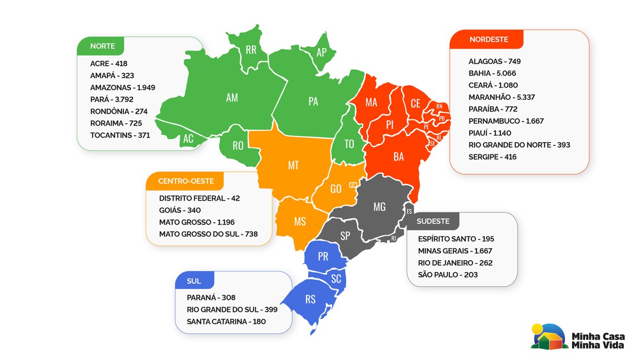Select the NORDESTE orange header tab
pyautogui.click(x=488, y=40)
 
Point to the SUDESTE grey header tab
pyautogui.click(x=433, y=221)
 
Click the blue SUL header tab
pyautogui.click(x=194, y=281)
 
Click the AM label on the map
pyautogui.click(x=232, y=98)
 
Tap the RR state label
pyautogui.click(x=251, y=50)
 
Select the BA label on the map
pyautogui.click(x=399, y=157)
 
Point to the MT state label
pyautogui.click(x=293, y=166)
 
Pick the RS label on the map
pyautogui.click(x=310, y=300)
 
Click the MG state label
pyautogui.click(x=379, y=207)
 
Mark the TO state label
pyautogui.click(x=349, y=144)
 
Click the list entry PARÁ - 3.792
pyautogui.click(x=111, y=99)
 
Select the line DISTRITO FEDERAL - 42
pyautogui.click(x=199, y=198)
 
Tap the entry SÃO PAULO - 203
pyautogui.click(x=448, y=275)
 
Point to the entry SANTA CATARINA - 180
pyautogui.click(x=226, y=322)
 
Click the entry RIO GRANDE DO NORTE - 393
pyautogui.click(x=519, y=145)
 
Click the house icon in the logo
pyautogui.click(x=548, y=338)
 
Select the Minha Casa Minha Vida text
pyautogui.click(x=598, y=340)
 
